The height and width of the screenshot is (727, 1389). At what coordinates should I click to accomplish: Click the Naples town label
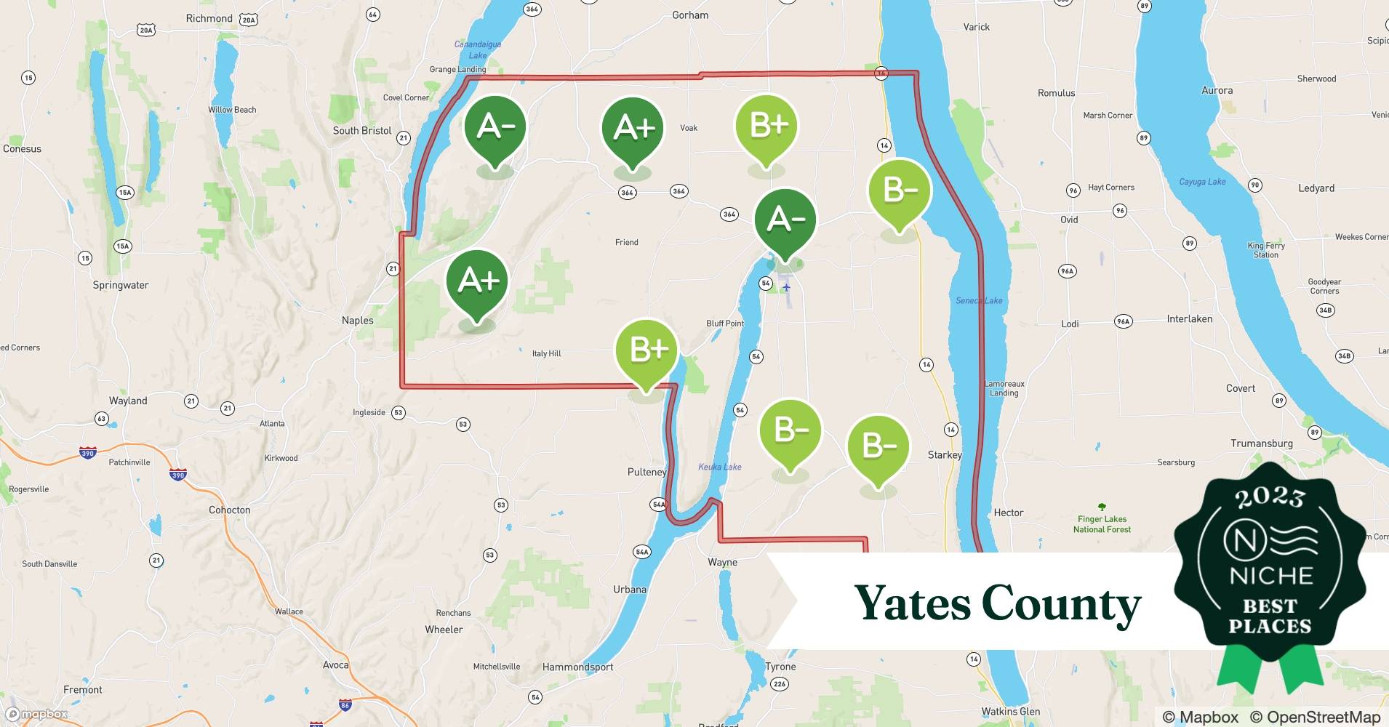(357, 320)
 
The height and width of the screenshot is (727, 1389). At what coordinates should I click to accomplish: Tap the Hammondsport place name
(577, 667)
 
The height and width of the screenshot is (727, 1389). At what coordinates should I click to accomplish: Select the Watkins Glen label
(1010, 711)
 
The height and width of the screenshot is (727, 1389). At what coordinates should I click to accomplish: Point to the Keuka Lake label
(719, 467)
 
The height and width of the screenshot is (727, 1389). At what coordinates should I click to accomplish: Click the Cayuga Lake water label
(1202, 182)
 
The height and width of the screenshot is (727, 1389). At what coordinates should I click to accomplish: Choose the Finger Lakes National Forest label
(1102, 523)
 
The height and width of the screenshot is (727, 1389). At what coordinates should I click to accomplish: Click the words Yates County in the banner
(997, 603)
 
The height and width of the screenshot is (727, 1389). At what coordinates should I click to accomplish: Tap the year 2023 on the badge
(1270, 497)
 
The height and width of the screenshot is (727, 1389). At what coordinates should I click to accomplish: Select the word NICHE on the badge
(1270, 576)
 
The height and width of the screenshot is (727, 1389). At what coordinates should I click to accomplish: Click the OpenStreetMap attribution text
(1315, 717)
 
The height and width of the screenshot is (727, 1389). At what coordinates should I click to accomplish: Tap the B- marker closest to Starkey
(878, 448)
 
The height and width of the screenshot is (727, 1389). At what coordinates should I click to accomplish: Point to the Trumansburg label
(1261, 443)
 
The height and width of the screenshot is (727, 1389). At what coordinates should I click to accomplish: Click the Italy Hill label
(546, 353)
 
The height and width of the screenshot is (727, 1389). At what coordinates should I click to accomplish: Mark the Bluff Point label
(724, 323)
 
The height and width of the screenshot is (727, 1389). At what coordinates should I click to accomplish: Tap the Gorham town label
(689, 15)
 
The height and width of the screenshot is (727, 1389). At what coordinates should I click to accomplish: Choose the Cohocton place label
(229, 510)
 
